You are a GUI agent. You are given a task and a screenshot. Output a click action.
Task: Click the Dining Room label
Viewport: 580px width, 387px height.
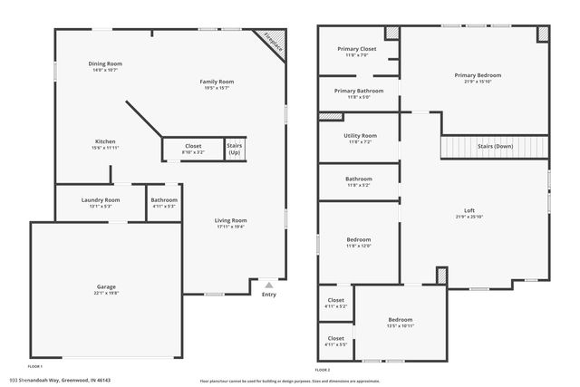click(x=105, y=63)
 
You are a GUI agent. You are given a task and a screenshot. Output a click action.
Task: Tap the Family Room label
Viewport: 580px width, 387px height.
click(x=217, y=82)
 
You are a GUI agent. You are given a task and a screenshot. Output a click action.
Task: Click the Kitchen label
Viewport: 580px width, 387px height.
click(x=105, y=141)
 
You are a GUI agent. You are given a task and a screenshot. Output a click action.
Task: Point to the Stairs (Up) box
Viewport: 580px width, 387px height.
click(x=235, y=149)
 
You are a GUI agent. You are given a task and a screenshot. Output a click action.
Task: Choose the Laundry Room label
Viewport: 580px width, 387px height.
click(x=101, y=199)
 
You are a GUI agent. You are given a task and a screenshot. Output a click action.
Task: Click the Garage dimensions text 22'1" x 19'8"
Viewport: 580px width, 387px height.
click(x=106, y=294)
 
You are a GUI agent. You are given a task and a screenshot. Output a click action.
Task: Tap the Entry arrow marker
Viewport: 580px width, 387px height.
click(x=268, y=284)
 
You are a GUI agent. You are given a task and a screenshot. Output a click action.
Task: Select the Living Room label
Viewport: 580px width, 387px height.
click(x=230, y=220)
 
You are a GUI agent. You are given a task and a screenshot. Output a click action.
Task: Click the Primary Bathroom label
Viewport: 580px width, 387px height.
click(x=358, y=91)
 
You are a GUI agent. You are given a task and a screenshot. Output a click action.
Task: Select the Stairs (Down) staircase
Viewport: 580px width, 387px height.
click(x=495, y=146)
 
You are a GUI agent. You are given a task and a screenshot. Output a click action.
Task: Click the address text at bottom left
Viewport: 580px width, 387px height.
click(x=60, y=380)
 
